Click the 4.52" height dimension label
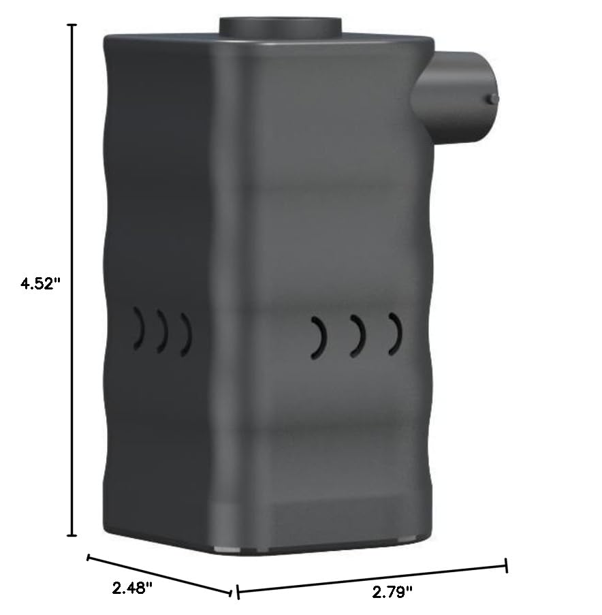tap(40, 283)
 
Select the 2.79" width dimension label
tap(392, 592)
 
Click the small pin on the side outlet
tap(492, 99)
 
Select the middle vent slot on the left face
tap(162, 332)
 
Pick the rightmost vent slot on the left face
tap(186, 334)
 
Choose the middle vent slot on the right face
tap(358, 336)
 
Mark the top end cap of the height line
tap(71, 25)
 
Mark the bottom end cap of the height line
tap(71, 535)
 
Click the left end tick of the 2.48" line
tap(89, 558)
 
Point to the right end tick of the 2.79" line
tap(506, 565)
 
